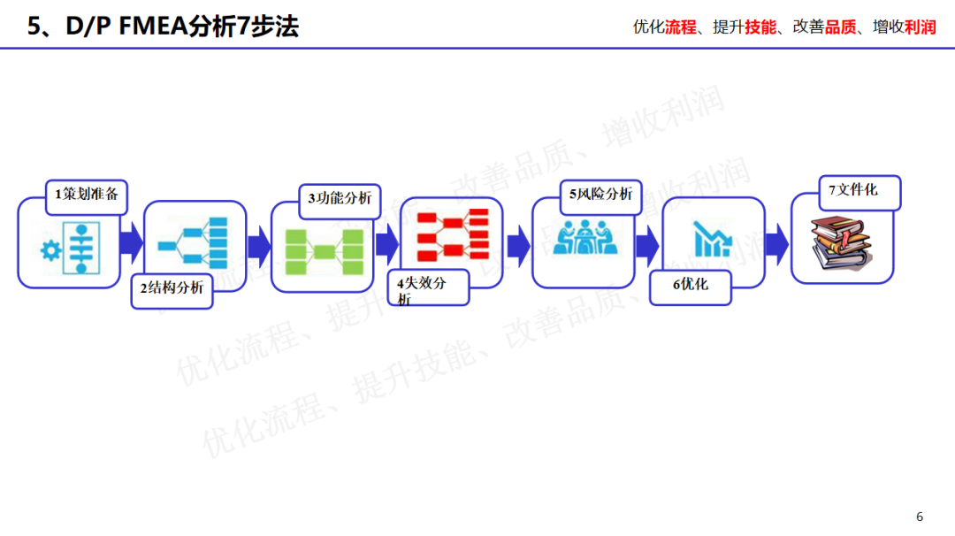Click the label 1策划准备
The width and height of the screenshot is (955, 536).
(86, 195)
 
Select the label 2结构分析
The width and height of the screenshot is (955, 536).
(172, 287)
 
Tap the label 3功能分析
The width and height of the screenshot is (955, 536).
(340, 199)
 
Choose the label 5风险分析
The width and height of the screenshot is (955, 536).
(600, 195)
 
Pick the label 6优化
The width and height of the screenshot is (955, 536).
(690, 285)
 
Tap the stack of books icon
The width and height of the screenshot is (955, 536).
(840, 243)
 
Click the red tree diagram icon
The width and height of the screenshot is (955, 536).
(453, 235)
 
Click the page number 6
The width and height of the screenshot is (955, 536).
(920, 517)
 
